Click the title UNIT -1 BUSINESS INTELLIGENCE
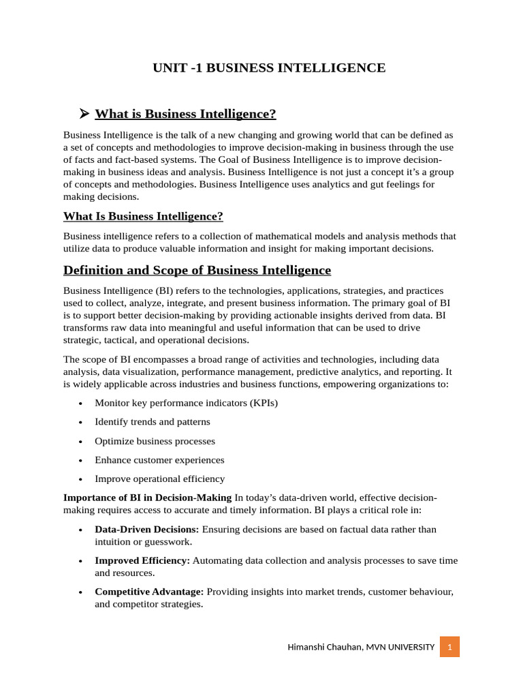(268, 67)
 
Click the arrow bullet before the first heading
(84, 112)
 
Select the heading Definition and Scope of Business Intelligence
(197, 270)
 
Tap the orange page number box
(449, 646)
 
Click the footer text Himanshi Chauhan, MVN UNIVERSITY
(361, 646)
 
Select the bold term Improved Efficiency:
(142, 560)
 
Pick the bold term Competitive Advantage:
(149, 592)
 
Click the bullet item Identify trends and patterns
(152, 422)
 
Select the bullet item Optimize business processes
(155, 441)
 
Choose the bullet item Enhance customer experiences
(159, 460)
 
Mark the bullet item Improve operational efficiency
(159, 479)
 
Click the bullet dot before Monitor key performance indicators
(81, 404)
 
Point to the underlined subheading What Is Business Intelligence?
(143, 217)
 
